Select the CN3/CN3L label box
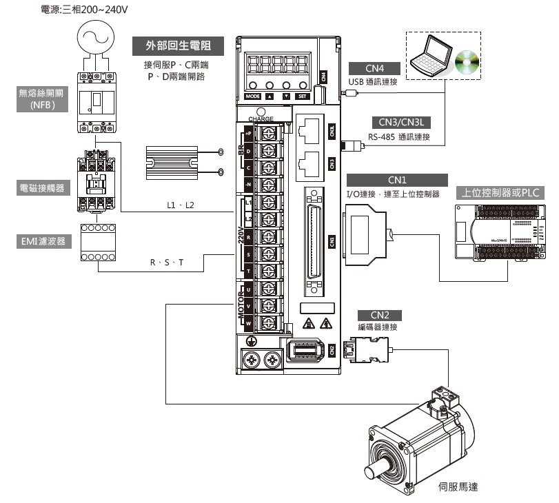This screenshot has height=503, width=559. pyautogui.click(x=400, y=122)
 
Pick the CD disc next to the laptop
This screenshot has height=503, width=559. pyautogui.click(x=467, y=62)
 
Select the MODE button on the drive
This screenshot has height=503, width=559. pyautogui.click(x=253, y=96)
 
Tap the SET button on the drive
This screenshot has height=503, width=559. pyautogui.click(x=302, y=96)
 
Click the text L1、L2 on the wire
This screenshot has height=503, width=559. pyautogui.click(x=181, y=206)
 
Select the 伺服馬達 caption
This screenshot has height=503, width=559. pyautogui.click(x=458, y=486)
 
